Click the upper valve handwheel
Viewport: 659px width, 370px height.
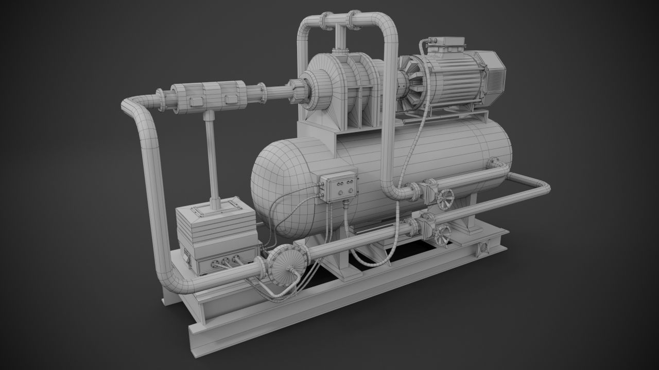446,198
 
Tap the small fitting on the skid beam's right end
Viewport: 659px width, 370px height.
483,248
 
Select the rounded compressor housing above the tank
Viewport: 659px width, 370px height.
329,90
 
